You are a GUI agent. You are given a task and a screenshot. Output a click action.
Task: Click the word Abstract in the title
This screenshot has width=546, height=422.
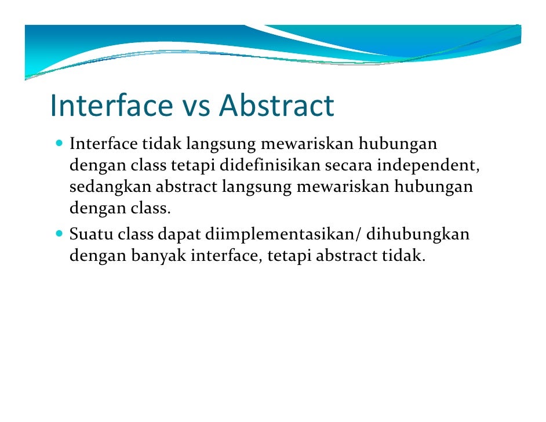pyautogui.click(x=276, y=106)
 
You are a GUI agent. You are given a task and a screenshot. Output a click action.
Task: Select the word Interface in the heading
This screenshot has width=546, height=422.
pyautogui.click(x=111, y=106)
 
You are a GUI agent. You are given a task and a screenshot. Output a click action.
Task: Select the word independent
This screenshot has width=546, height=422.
pyautogui.click(x=428, y=167)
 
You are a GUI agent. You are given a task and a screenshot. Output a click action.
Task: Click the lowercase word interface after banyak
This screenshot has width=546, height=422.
pyautogui.click(x=227, y=257)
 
